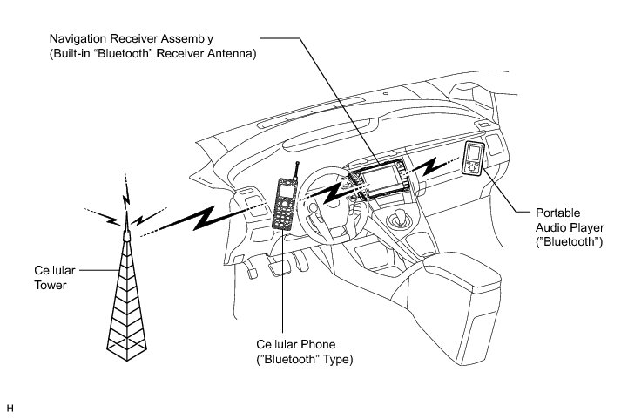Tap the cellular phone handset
tap(283, 206)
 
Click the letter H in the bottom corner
tap(10, 407)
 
